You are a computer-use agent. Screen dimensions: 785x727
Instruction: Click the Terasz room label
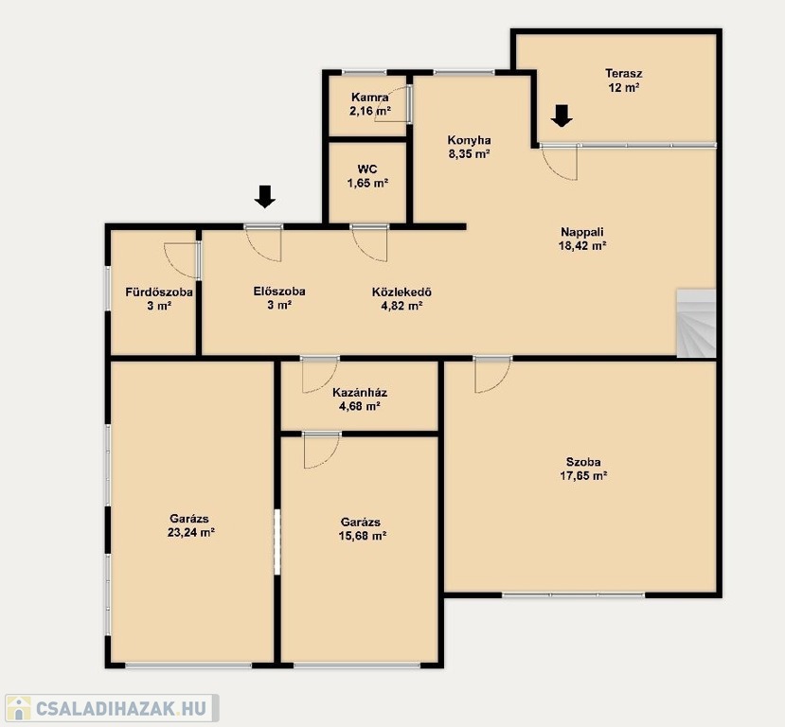coord(623,74)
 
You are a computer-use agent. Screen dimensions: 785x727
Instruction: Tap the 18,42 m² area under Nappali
coord(582,246)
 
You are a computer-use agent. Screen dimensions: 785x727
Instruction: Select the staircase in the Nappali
coord(696,323)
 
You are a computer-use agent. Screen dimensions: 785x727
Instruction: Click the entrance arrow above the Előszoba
coord(265,196)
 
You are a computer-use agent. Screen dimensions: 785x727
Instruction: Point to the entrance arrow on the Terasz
coord(562,115)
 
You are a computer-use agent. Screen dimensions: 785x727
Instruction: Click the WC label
coord(367,169)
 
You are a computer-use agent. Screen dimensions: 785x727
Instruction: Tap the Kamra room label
coord(370,98)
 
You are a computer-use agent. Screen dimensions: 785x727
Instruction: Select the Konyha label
coord(469,140)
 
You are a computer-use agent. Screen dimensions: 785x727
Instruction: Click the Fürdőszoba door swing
coord(181,260)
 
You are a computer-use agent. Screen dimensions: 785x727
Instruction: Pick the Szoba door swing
coord(493,375)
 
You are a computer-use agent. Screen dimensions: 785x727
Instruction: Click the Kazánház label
coord(360,392)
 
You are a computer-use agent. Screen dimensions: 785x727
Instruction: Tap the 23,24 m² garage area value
coord(191,532)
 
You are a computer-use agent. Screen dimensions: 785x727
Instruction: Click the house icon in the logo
coord(19,708)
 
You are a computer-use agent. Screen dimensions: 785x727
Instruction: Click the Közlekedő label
coord(401,292)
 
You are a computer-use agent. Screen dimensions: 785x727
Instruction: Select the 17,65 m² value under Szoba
coord(583,476)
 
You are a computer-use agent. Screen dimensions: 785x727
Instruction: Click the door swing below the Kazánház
coord(322,451)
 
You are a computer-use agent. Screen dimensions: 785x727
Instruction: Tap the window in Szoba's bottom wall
coord(574,594)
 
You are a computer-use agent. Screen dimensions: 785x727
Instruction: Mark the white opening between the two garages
coord(277,541)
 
